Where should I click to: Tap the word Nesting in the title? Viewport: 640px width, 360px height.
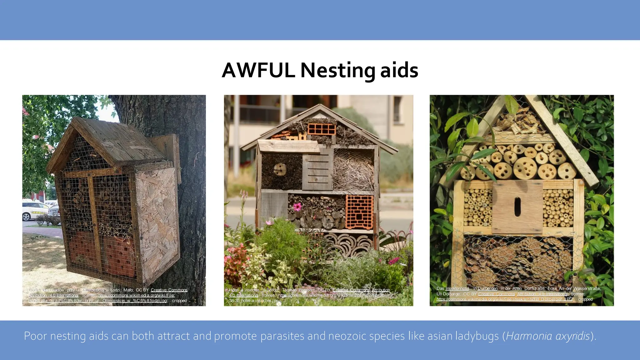click(337, 71)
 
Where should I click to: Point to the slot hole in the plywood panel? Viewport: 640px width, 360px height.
click(517, 207)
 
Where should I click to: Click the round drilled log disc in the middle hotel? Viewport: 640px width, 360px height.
click(280, 170)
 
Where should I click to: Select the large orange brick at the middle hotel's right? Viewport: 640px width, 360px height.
click(359, 212)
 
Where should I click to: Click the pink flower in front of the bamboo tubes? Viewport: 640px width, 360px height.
click(297, 207)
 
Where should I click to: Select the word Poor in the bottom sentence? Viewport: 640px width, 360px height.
click(35, 336)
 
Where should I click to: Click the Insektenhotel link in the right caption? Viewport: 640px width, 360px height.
click(457, 288)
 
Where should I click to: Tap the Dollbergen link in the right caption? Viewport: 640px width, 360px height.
click(487, 288)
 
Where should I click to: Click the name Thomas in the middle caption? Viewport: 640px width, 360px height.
click(289, 290)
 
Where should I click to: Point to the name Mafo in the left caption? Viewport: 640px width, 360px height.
click(128, 290)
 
